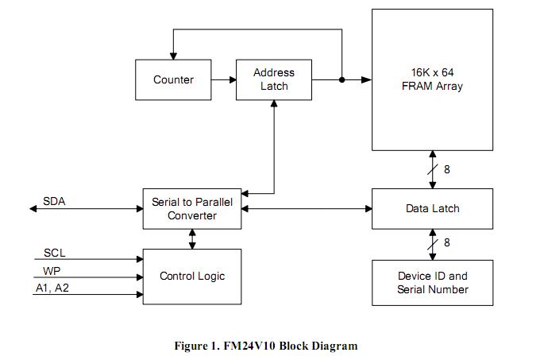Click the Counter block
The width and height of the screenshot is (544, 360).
(173, 79)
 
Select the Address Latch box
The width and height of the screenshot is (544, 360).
(274, 79)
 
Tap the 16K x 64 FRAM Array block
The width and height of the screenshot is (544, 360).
(431, 79)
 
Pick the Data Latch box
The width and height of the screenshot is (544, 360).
(431, 208)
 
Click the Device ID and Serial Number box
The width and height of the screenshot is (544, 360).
(431, 283)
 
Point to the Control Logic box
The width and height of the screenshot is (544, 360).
(192, 277)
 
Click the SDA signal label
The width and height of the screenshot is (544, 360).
(54, 201)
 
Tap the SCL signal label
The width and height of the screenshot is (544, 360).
(55, 253)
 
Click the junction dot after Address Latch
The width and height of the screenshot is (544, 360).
(341, 79)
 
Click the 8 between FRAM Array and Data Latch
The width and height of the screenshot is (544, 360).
(447, 169)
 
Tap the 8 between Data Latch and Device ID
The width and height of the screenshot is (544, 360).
(447, 243)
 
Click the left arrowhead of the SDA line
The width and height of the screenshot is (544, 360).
(34, 209)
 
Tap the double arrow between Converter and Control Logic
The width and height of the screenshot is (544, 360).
(192, 238)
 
